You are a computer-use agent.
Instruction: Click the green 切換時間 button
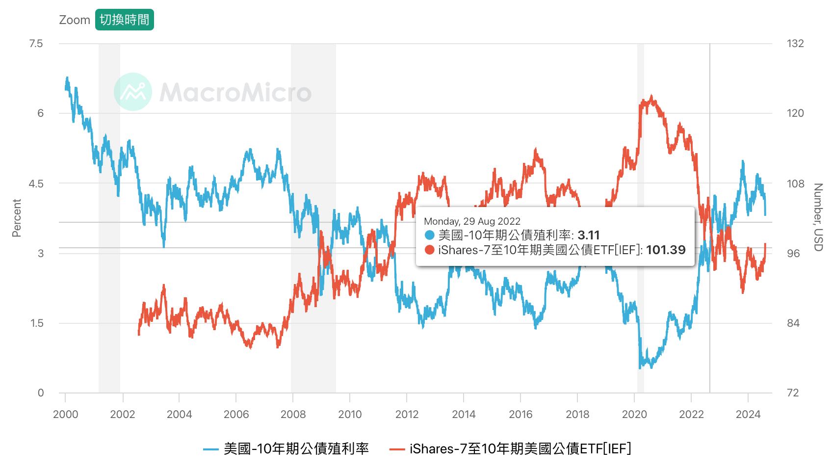click(x=124, y=20)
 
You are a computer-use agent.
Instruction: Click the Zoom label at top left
click(x=75, y=20)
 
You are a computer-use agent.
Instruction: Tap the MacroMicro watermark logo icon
click(x=132, y=92)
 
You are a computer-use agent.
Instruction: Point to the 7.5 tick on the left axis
click(x=36, y=44)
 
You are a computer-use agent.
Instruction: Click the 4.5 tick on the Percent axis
click(x=36, y=183)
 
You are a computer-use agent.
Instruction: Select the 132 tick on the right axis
click(x=795, y=44)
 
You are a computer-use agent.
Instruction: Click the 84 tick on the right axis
click(x=793, y=323)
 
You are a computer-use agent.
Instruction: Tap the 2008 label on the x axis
click(x=293, y=415)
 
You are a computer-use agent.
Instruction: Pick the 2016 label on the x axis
click(x=520, y=415)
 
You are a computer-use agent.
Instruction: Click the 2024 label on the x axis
click(x=748, y=415)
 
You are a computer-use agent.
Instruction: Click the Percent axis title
click(x=17, y=218)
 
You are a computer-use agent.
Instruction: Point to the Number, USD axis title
click(x=818, y=217)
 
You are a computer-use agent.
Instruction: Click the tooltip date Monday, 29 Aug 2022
click(x=472, y=221)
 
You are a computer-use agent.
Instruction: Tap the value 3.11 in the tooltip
click(x=589, y=235)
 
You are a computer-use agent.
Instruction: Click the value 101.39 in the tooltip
click(x=666, y=250)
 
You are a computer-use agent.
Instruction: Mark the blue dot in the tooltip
click(x=430, y=235)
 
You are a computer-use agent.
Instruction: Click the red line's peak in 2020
click(x=651, y=96)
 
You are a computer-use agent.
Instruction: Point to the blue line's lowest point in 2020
click(x=640, y=367)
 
